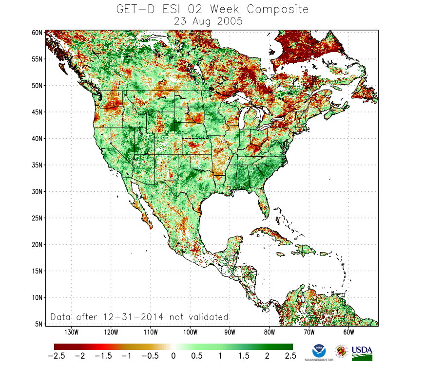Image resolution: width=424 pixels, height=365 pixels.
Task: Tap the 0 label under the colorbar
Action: tap(173, 356)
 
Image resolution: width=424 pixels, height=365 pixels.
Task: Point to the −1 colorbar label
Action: tap(127, 356)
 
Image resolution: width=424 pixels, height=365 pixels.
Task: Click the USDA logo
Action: tap(362, 353)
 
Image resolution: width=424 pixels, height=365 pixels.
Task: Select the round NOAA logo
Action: tap(319, 350)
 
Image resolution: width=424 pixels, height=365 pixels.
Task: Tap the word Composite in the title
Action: tap(278, 9)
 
